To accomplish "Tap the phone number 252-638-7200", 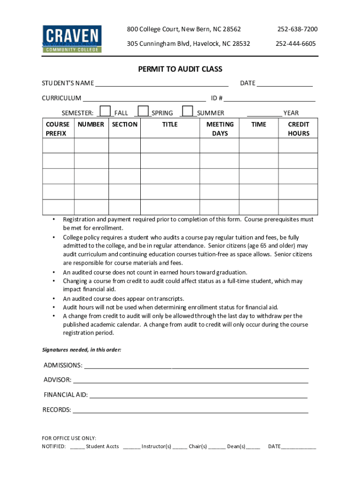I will [297, 29].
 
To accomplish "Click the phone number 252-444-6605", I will [295, 44].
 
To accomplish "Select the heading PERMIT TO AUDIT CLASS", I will [180, 69].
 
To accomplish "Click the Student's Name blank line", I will [162, 83].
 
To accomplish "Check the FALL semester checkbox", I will [106, 111].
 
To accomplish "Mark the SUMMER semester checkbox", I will [187, 111].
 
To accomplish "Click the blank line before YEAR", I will [264, 113].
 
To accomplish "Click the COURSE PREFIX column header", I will [58, 129].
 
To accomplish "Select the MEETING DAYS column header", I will [220, 129].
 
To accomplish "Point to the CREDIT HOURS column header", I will [298, 129].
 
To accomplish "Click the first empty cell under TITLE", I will [170, 146].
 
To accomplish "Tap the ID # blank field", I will [270, 98].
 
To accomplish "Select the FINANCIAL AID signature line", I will [199, 395].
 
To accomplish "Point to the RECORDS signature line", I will [191, 410].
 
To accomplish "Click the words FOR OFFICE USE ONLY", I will [69, 438].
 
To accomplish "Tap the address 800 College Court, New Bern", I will [184, 29].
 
